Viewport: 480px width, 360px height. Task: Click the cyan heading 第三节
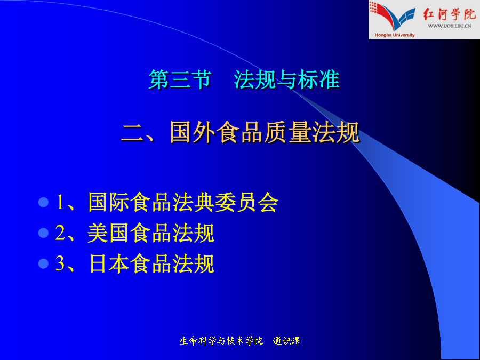(x=180, y=79)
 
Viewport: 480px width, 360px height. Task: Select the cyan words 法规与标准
(x=287, y=79)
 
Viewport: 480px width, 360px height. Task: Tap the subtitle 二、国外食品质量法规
(x=240, y=132)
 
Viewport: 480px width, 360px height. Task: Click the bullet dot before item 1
(x=44, y=202)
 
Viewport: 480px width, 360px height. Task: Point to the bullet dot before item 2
(x=44, y=233)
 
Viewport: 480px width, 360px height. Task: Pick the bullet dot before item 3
(x=44, y=263)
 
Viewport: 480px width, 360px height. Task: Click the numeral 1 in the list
(x=60, y=202)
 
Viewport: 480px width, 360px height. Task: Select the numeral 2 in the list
(x=60, y=233)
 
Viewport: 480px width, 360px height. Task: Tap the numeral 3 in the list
(x=60, y=263)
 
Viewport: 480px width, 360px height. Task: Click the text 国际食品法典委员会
(x=183, y=202)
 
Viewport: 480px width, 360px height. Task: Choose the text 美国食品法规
(x=151, y=233)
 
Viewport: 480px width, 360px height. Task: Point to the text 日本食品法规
(x=151, y=263)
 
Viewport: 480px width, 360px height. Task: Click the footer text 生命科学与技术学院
(x=221, y=341)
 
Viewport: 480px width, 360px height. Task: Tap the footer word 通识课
(x=287, y=341)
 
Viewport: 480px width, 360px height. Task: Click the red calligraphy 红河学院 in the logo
(x=450, y=14)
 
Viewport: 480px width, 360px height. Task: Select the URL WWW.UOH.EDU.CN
(x=450, y=26)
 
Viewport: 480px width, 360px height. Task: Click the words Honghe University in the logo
(x=395, y=35)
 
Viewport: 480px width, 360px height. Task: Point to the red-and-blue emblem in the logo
(x=393, y=16)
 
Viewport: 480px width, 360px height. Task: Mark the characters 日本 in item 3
(x=109, y=263)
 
